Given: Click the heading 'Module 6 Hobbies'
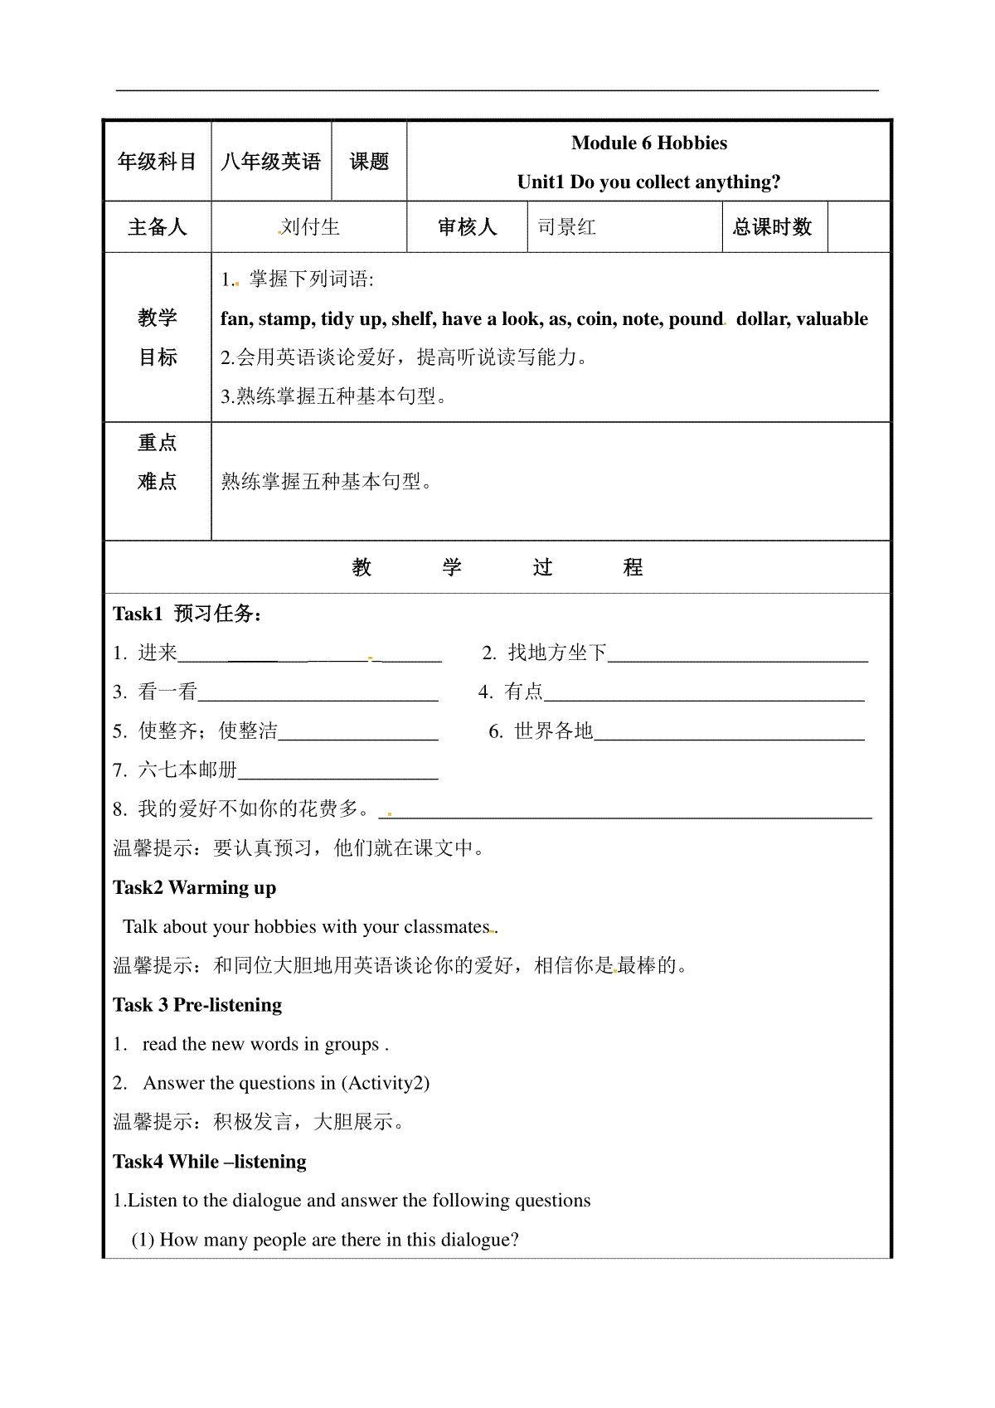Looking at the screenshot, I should (648, 143).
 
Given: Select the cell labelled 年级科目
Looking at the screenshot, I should (158, 162).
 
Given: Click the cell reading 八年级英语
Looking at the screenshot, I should (271, 162).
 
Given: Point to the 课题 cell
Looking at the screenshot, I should (369, 162).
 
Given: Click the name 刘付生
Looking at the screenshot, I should (309, 227).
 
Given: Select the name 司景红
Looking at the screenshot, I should (567, 227).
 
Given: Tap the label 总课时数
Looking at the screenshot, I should (772, 227).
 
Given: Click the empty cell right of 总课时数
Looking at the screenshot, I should (859, 227).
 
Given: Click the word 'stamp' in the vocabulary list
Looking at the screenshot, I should (286, 319).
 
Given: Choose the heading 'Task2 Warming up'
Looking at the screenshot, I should (195, 888).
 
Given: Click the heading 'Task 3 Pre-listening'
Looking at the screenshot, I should (197, 1005).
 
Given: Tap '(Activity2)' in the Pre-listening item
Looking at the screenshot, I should (385, 1083).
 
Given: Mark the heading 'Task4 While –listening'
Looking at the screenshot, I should (210, 1162).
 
